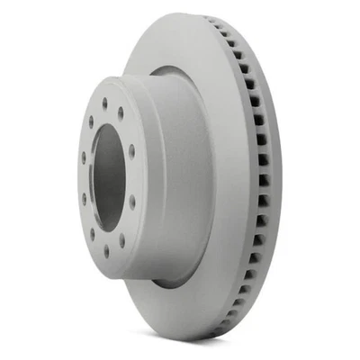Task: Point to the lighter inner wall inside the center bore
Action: point(117,175)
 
